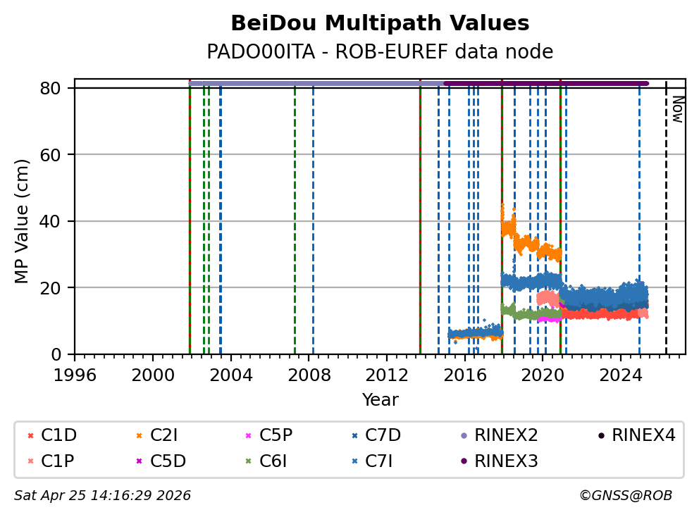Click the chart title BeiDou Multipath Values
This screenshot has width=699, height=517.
[x=380, y=23]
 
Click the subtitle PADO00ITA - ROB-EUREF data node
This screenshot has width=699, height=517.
[x=380, y=52]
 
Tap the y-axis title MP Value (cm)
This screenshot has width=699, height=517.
[x=23, y=221]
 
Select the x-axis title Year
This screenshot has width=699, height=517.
[x=380, y=400]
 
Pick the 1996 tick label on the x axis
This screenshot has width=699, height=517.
[x=75, y=375]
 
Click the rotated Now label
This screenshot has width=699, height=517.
[x=677, y=109]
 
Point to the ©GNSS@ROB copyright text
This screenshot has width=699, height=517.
[x=626, y=496]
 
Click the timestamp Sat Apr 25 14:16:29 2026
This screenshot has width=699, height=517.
[x=103, y=496]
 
